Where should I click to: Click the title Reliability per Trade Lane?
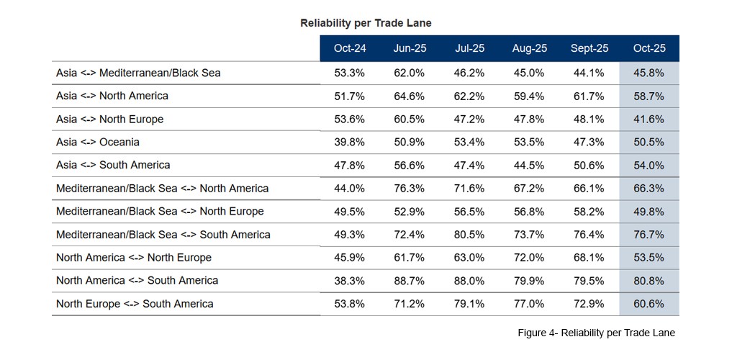pyautogui.click(x=366, y=23)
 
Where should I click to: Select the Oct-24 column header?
pyautogui.click(x=350, y=48)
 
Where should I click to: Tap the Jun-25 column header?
pyautogui.click(x=410, y=48)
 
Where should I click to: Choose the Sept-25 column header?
pyautogui.click(x=589, y=48)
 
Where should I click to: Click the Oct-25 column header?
pyautogui.click(x=649, y=48)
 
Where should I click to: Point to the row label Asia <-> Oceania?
pyautogui.click(x=98, y=142)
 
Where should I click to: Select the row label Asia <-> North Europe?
pyautogui.click(x=109, y=119)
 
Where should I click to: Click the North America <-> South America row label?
pyautogui.click(x=137, y=280)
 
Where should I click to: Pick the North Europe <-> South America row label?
pyautogui.click(x=135, y=304)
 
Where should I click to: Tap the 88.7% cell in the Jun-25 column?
pyautogui.click(x=410, y=280)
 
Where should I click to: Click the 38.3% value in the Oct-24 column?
pyautogui.click(x=350, y=280)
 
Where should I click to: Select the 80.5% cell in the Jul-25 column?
pyautogui.click(x=469, y=234)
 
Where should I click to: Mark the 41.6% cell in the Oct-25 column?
pyautogui.click(x=649, y=119)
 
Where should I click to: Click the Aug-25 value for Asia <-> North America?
pyautogui.click(x=529, y=96)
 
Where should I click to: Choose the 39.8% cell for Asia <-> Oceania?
pyautogui.click(x=350, y=142)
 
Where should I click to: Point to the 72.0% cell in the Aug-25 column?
pyautogui.click(x=529, y=257)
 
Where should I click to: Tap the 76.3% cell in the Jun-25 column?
pyautogui.click(x=410, y=188)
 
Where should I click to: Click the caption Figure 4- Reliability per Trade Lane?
pyautogui.click(x=596, y=333)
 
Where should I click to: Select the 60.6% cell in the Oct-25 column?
pyautogui.click(x=649, y=304)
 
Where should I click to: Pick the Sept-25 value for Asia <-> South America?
pyautogui.click(x=589, y=165)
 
